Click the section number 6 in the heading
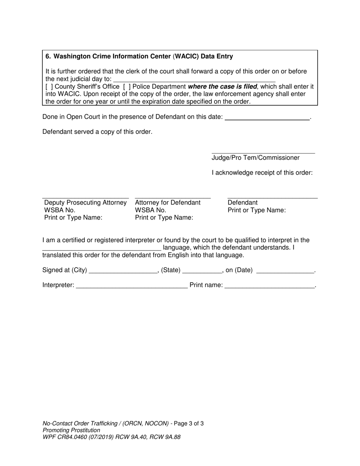(48, 56)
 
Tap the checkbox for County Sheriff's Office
(49, 86)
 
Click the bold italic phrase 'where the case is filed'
(222, 86)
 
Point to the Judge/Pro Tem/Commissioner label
(255, 158)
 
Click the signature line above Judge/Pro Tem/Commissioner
(263, 153)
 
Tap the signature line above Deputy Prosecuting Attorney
(85, 198)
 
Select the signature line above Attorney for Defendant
(172, 198)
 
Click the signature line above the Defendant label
(272, 198)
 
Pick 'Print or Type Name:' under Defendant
(257, 210)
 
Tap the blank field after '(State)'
(202, 272)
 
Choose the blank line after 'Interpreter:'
(131, 287)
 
